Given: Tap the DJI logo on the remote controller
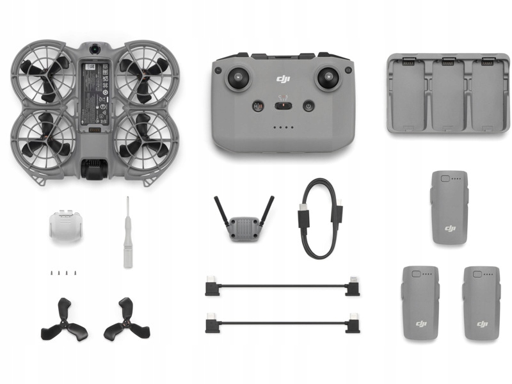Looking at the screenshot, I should point(283,79).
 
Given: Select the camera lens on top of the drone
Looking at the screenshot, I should point(94,49).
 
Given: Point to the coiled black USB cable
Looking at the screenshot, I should point(318,218).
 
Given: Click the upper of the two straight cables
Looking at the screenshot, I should point(282,286).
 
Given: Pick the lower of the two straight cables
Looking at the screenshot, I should point(282,323).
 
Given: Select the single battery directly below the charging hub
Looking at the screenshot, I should point(449,207).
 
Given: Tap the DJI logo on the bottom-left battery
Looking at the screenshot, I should point(420,323).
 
